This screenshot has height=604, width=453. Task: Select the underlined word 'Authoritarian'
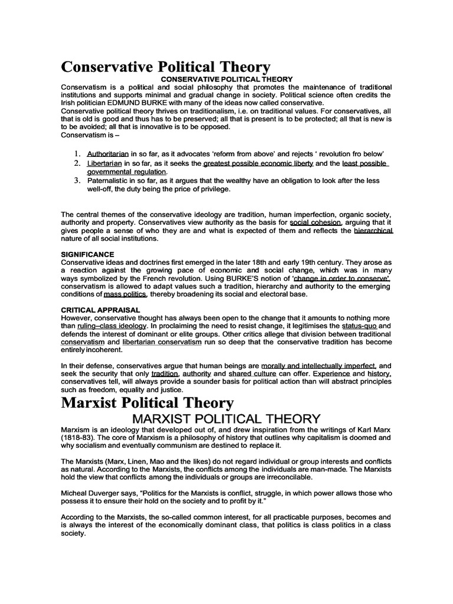click(104, 152)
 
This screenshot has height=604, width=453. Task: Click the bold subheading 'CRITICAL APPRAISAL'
click(101, 309)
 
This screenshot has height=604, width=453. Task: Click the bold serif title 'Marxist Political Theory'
click(147, 403)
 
